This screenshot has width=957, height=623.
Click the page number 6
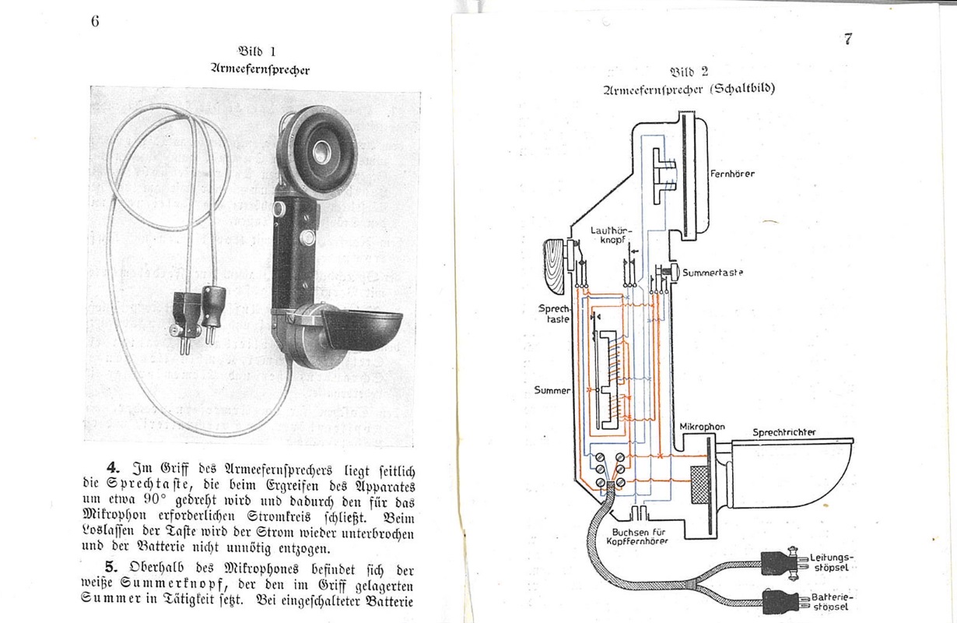(95, 21)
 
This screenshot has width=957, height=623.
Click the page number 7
(847, 39)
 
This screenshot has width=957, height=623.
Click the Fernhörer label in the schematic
(732, 174)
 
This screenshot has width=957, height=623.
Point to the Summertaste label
(712, 273)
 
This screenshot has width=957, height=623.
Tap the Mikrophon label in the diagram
(702, 427)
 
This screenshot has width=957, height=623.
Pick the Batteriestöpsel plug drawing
(783, 600)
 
